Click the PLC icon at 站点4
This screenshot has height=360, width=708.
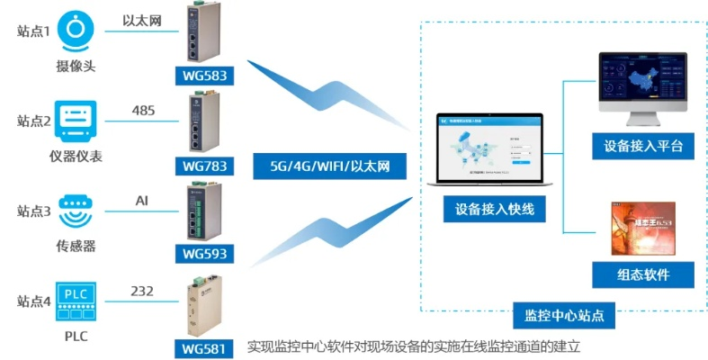(x=76, y=301)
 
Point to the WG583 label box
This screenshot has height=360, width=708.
(x=205, y=74)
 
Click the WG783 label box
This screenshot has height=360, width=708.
(x=205, y=166)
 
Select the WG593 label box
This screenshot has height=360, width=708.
(x=205, y=254)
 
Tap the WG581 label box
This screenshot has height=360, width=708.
(x=205, y=346)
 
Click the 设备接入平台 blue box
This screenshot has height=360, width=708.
(x=642, y=146)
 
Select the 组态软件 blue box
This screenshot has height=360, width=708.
(x=642, y=274)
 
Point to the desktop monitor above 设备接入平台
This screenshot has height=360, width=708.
(x=642, y=85)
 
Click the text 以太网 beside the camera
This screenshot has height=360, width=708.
(x=142, y=20)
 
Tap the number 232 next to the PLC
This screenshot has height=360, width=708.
(x=142, y=290)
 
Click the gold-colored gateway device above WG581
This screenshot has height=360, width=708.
(x=202, y=304)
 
